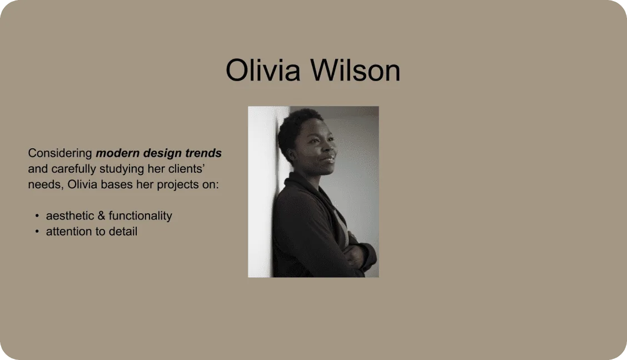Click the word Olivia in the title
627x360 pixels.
pyautogui.click(x=263, y=70)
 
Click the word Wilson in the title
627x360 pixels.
pyautogui.click(x=356, y=70)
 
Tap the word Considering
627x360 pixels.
pyautogui.click(x=60, y=153)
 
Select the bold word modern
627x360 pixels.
pyautogui.click(x=118, y=153)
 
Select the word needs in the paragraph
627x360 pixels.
pyautogui.click(x=46, y=185)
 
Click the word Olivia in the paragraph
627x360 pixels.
pyautogui.click(x=82, y=184)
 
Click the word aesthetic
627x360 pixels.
pyautogui.click(x=70, y=216)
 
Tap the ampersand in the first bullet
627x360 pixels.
pyautogui.click(x=101, y=216)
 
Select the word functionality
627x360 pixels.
pyautogui.click(x=141, y=216)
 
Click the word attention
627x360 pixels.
pyautogui.click(x=68, y=231)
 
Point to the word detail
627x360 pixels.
pyautogui.click(x=122, y=231)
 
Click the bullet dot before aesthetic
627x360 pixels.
pyautogui.click(x=37, y=216)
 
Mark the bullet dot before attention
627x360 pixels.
pyautogui.click(x=37, y=231)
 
